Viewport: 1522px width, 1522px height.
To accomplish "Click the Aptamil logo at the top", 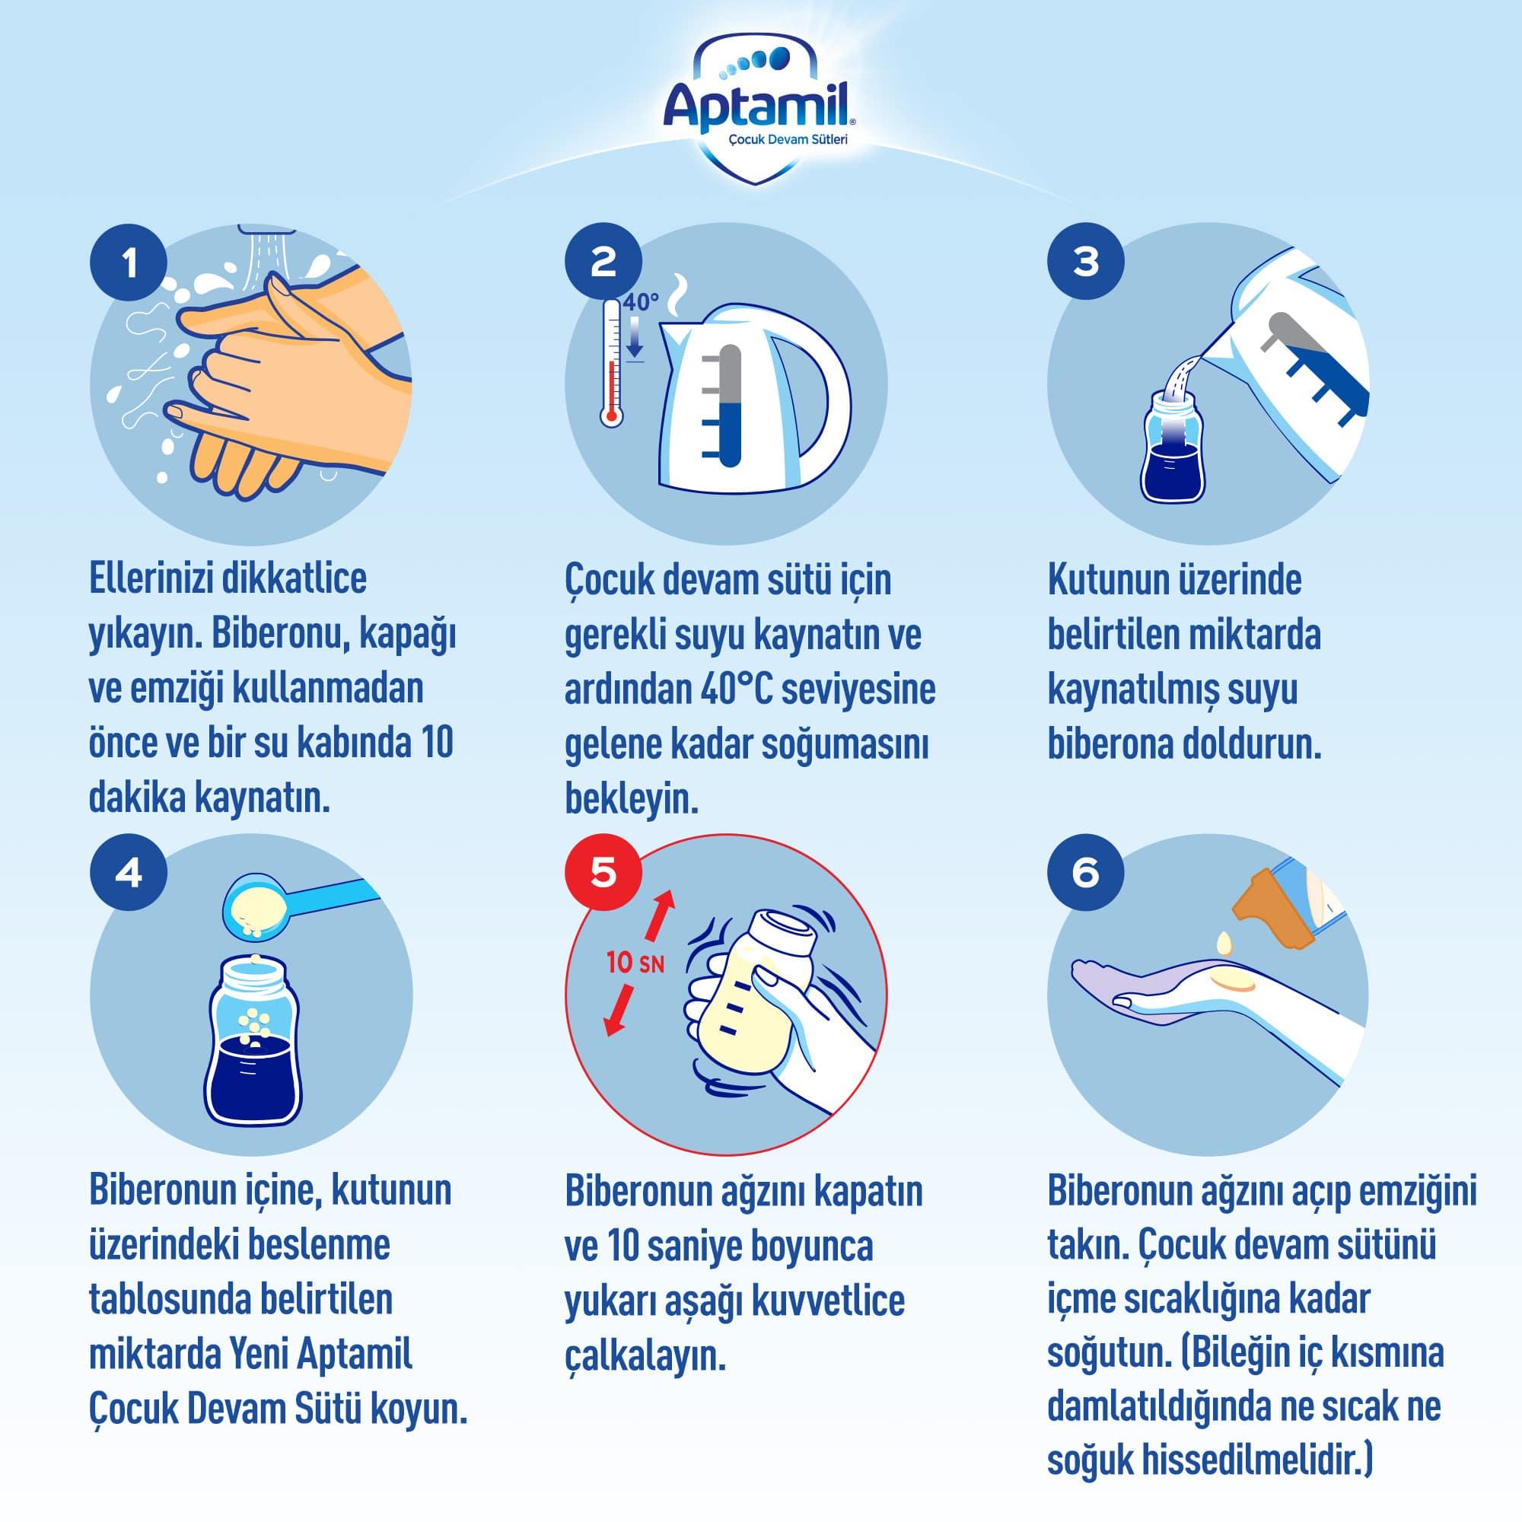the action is [x=761, y=110].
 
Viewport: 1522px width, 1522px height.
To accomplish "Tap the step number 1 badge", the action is [x=129, y=263].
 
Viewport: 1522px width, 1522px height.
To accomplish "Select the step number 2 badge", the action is [x=603, y=263].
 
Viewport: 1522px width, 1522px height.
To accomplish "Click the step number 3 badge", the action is [x=1086, y=263].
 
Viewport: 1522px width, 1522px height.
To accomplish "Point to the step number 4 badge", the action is [x=129, y=874].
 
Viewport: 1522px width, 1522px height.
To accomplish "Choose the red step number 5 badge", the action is [x=603, y=874].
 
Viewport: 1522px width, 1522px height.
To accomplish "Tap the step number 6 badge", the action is [x=1086, y=874].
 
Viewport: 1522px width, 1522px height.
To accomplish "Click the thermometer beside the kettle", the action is [x=611, y=363].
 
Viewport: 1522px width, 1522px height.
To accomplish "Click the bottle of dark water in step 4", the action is [x=253, y=1040].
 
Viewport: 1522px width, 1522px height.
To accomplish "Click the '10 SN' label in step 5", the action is [x=635, y=963].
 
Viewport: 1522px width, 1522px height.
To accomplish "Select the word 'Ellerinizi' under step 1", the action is [x=149, y=579].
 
